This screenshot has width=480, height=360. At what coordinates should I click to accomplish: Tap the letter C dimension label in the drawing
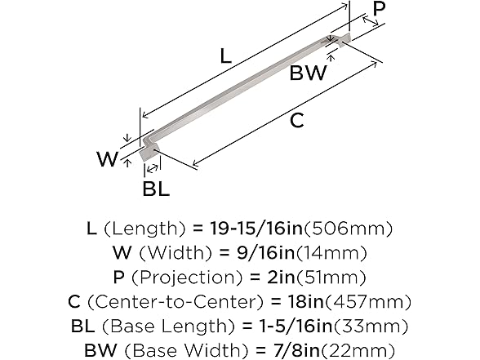click(298, 121)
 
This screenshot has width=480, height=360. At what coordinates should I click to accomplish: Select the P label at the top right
click(378, 10)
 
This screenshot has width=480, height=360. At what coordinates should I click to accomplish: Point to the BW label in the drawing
click(308, 73)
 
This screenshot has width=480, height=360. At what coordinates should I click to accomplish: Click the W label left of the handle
click(107, 159)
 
